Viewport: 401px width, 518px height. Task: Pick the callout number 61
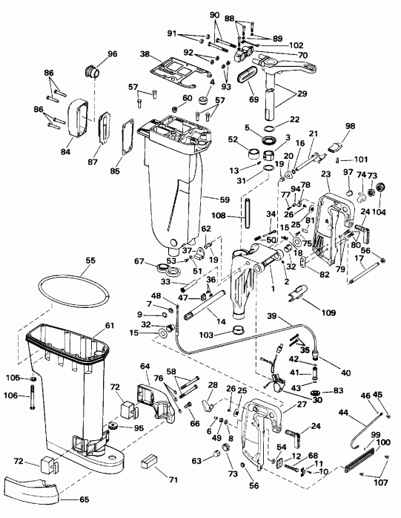pyautogui.click(x=110, y=325)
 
